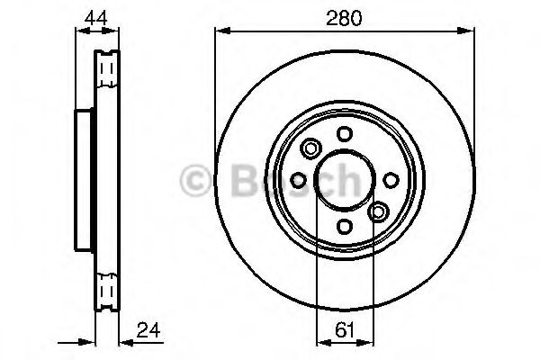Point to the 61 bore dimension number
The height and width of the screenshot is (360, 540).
pos(344,329)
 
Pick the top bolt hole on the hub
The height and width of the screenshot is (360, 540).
pos(345,133)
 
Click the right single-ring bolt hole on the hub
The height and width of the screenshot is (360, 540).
pos(391,179)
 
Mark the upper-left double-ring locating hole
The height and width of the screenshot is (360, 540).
pos(312,148)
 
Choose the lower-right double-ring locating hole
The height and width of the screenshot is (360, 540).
pos(378,211)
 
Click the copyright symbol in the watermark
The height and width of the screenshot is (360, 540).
pos(194,179)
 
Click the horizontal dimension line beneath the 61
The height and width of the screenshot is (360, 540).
pos(344,342)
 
